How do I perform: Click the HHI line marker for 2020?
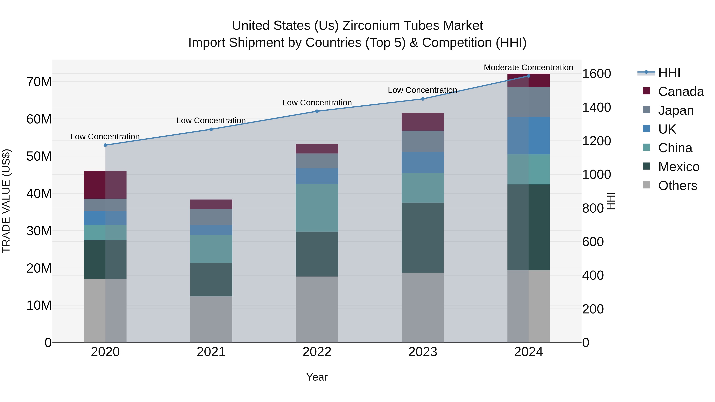[105, 145]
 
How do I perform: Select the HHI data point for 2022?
[317, 111]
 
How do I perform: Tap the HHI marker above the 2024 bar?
[529, 76]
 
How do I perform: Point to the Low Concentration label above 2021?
[211, 121]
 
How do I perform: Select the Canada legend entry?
[681, 92]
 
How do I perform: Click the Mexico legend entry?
[678, 167]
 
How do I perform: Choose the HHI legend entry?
[669, 73]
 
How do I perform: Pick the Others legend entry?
[677, 186]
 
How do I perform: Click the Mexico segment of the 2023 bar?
[422, 238]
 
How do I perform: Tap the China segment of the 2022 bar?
[317, 208]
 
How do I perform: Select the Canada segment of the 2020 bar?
[105, 185]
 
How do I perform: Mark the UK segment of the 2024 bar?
[529, 136]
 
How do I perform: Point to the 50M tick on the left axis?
[39, 156]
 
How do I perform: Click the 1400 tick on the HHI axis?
[596, 107]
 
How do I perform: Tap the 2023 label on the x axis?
[422, 352]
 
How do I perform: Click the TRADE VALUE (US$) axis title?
[6, 201]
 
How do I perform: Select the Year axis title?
[317, 377]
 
